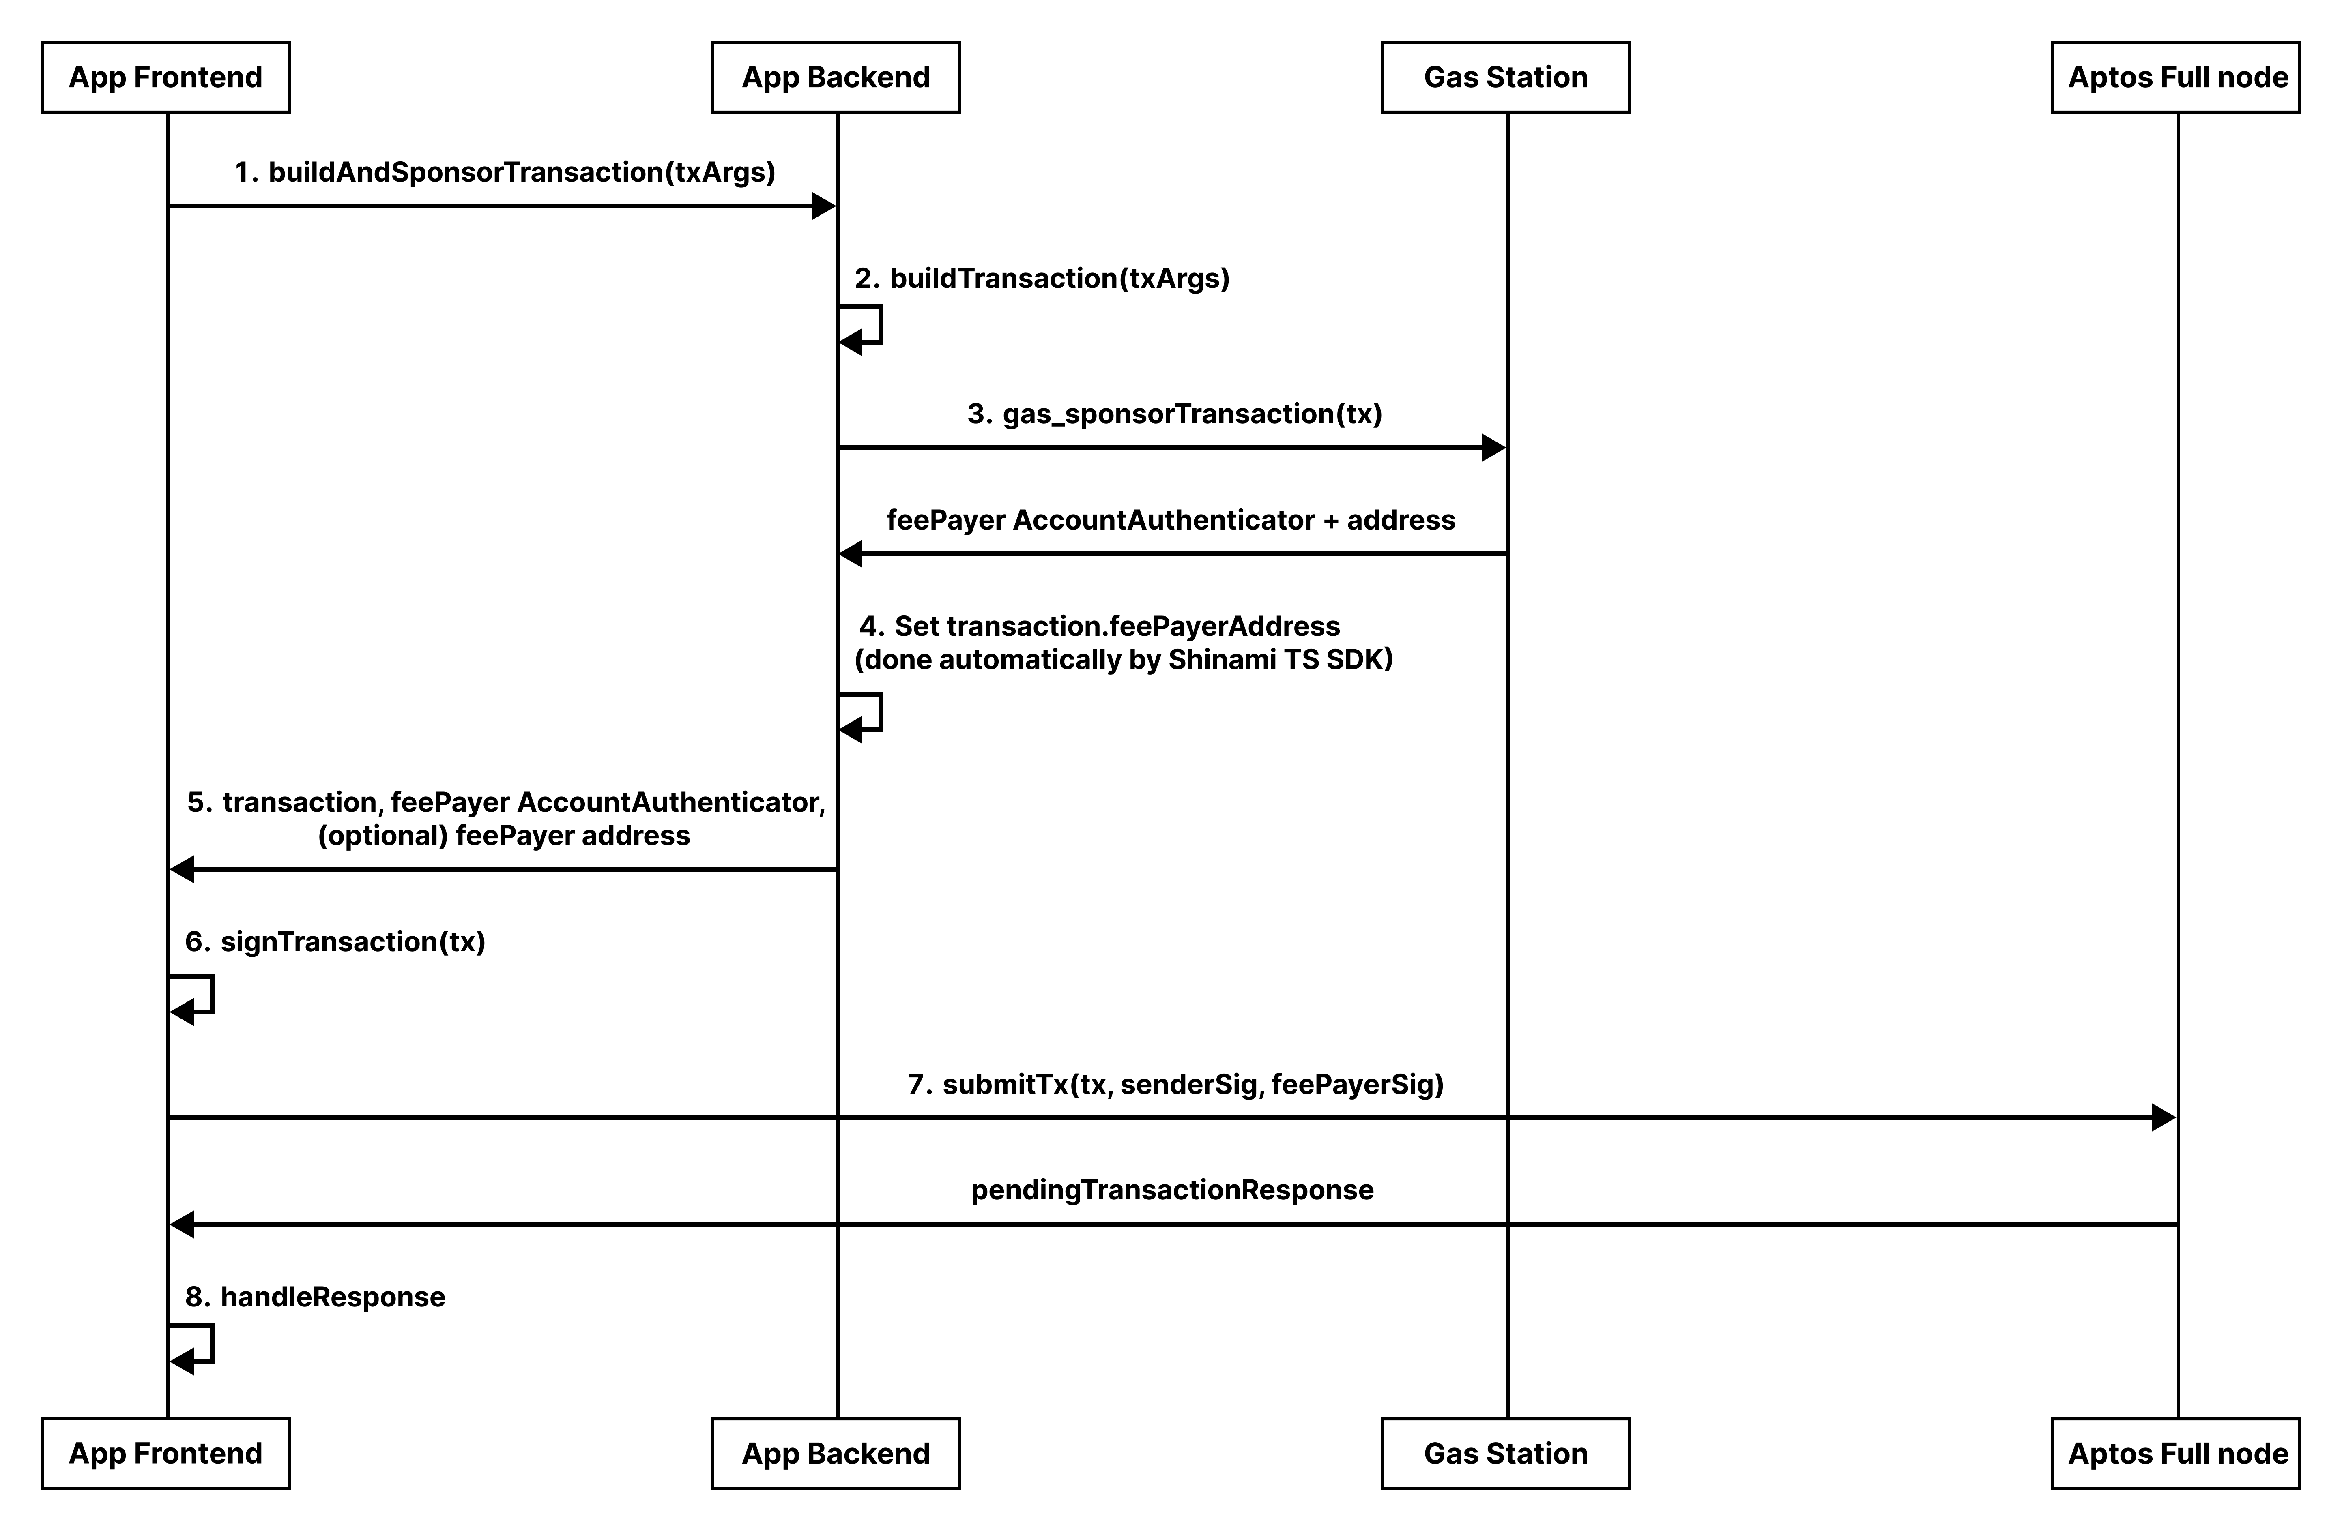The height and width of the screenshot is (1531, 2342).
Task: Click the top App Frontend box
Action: coord(165,77)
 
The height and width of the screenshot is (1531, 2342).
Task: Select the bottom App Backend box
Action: coord(836,1453)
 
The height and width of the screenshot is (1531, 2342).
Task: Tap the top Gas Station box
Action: coord(1506,77)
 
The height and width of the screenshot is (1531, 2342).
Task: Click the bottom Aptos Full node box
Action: coord(2176,1453)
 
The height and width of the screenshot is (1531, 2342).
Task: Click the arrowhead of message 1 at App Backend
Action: coord(824,206)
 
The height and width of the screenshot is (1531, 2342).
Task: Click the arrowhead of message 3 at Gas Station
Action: coord(1494,448)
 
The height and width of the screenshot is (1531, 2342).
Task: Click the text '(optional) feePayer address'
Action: coord(504,835)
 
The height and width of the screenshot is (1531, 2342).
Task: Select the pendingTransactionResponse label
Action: coord(1172,1190)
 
